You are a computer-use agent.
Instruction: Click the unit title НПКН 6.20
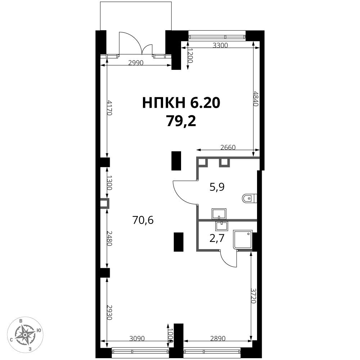(x=181, y=103)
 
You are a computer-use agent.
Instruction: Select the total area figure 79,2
(x=181, y=121)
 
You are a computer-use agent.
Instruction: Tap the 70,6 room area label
(x=143, y=220)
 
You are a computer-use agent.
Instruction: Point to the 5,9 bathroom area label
(x=217, y=187)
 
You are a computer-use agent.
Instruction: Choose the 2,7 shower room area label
(x=217, y=239)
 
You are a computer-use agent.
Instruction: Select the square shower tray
(x=243, y=239)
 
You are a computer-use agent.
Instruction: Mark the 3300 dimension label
(x=220, y=45)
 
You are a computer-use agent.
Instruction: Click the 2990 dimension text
(x=136, y=63)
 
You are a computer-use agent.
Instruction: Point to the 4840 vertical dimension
(x=256, y=99)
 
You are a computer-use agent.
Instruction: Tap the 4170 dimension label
(x=110, y=108)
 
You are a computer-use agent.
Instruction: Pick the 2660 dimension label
(x=228, y=147)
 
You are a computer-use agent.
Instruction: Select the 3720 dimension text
(x=253, y=296)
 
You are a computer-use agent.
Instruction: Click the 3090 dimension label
(x=137, y=338)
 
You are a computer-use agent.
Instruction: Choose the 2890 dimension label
(x=218, y=338)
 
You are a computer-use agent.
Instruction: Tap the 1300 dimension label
(x=109, y=183)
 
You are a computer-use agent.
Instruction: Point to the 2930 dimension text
(x=109, y=312)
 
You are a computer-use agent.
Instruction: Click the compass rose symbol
(x=25, y=335)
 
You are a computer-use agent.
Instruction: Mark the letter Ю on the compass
(x=39, y=330)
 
